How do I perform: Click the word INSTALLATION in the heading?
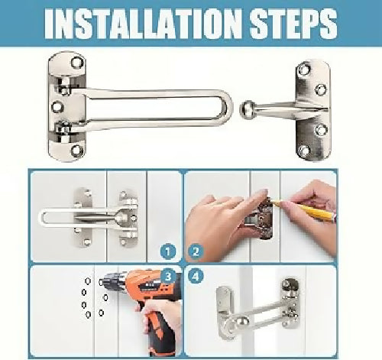click(143, 24)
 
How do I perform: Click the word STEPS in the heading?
click(293, 24)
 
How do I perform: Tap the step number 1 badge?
click(168, 251)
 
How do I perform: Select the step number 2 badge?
click(196, 251)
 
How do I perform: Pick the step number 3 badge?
click(168, 276)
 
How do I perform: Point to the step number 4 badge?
click(196, 276)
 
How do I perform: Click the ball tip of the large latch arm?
click(246, 109)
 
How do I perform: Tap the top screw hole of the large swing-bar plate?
click(77, 62)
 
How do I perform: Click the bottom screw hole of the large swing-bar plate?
click(76, 151)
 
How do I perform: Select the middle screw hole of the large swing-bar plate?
click(57, 107)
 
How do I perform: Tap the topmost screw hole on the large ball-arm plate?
click(304, 70)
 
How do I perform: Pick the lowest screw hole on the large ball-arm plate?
click(303, 151)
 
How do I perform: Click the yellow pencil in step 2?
click(304, 210)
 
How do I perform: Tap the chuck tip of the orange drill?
click(102, 282)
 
